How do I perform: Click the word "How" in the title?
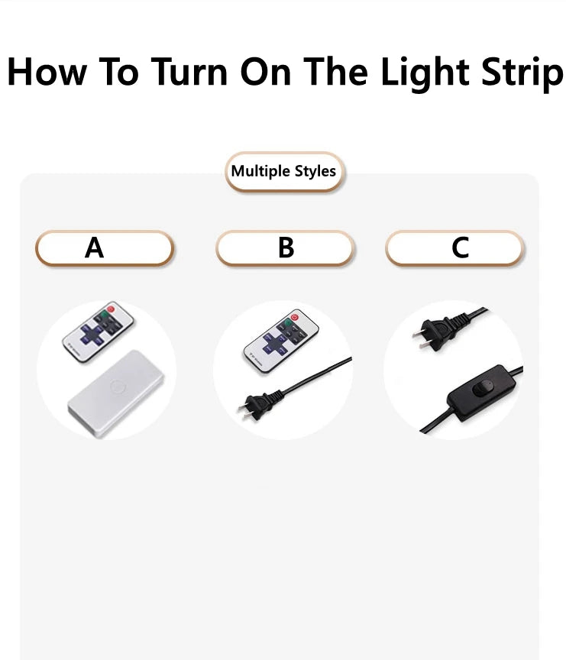47,72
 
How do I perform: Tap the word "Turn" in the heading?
189,72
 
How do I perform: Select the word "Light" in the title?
424,73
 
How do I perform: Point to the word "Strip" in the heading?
522,73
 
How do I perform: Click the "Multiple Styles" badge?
284,172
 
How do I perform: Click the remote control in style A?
98,332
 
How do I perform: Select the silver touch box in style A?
115,393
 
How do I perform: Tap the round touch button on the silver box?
117,386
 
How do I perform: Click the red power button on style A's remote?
110,309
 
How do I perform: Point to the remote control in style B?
280,341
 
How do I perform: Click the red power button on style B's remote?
294,317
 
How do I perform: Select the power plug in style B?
260,406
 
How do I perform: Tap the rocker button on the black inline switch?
482,387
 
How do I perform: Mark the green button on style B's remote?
287,323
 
